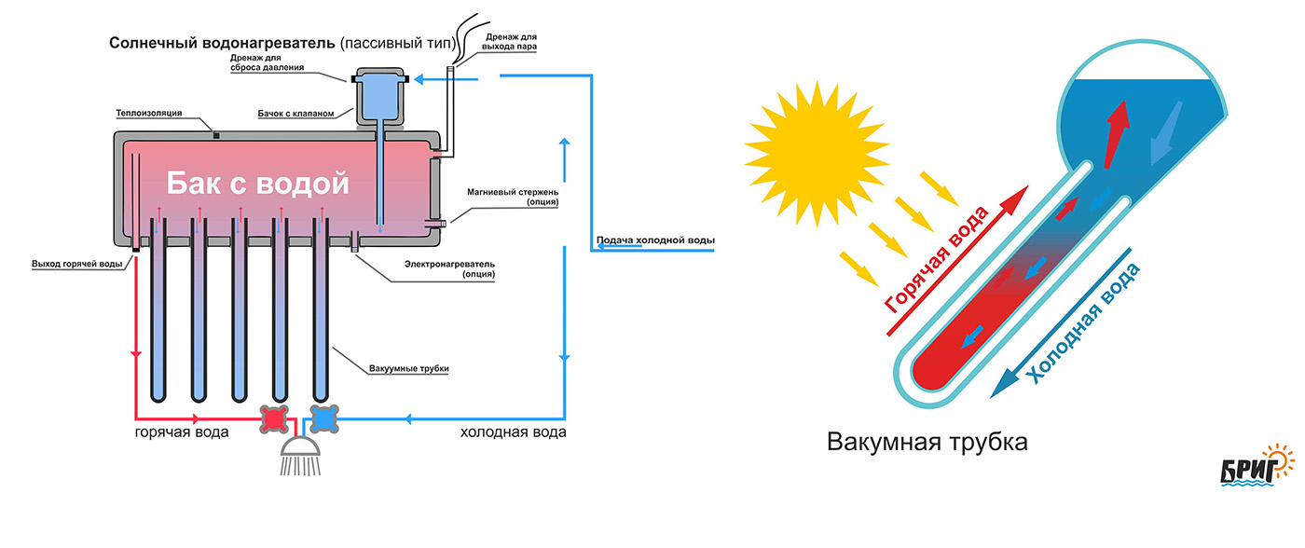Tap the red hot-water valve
click(274, 420)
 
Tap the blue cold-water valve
click(323, 420)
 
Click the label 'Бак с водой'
click(257, 184)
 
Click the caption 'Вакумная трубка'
click(927, 442)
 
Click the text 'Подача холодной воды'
click(655, 241)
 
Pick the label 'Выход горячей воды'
click(76, 264)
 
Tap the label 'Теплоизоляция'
click(148, 113)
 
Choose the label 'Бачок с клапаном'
click(295, 114)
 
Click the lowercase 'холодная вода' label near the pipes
click(513, 432)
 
